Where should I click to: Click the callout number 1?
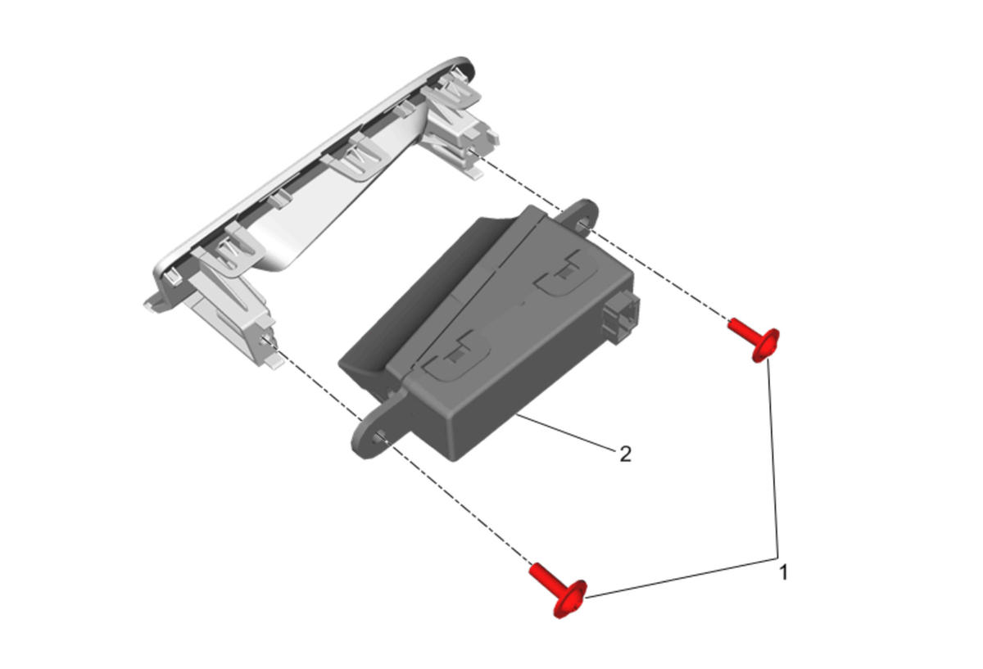click(x=783, y=573)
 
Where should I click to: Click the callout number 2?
click(x=625, y=454)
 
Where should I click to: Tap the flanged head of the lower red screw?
click(x=570, y=599)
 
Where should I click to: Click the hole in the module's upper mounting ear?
click(x=583, y=224)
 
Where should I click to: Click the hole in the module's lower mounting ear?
click(x=378, y=437)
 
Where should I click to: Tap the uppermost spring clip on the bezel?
click(x=452, y=94)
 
